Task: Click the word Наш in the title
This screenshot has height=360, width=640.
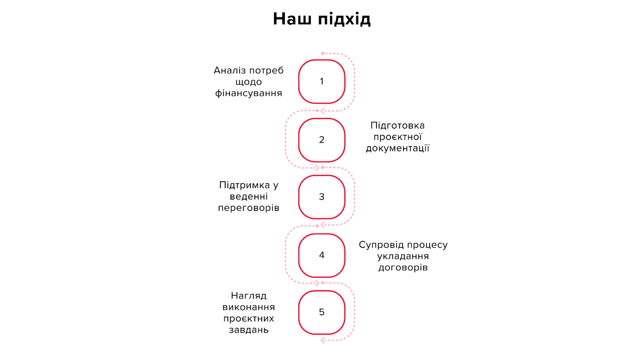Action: point(292,19)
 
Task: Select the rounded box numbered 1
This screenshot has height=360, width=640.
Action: point(322,81)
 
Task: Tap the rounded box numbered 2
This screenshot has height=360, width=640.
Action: point(322,140)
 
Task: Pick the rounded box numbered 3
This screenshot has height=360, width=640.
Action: point(322,197)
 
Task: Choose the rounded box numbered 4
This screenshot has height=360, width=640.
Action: point(322,255)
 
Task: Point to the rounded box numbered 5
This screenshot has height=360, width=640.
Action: point(322,312)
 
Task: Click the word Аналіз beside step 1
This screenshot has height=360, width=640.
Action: point(230,70)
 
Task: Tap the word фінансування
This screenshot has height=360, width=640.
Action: point(249,93)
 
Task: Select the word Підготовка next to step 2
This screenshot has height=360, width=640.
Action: point(398,126)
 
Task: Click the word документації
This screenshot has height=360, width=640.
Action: point(398,148)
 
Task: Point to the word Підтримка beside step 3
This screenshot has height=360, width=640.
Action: point(245,185)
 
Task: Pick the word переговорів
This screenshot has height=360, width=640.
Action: point(249,208)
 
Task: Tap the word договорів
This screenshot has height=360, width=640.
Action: point(403,268)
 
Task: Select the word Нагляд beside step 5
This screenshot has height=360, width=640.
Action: point(249,296)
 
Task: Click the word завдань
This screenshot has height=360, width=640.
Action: point(249,330)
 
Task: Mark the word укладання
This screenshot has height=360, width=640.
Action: point(403,256)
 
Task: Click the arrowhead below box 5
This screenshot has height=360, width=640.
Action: point(323,340)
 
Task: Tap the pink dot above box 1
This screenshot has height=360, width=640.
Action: point(322,53)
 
